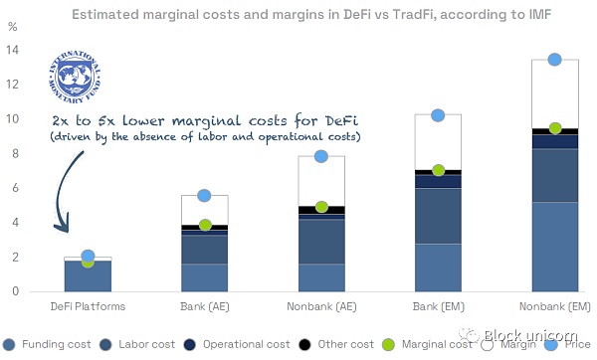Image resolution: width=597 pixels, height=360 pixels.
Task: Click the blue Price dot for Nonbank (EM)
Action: point(555,60)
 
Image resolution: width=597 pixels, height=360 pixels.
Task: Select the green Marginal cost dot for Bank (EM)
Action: point(438,170)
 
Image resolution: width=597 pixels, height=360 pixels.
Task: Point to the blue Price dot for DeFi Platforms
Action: point(88,257)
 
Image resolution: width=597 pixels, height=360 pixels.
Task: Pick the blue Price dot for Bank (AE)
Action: point(205,196)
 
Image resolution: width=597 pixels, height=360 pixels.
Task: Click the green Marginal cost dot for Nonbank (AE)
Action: point(321,207)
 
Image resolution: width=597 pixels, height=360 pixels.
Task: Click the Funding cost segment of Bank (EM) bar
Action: point(438,268)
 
